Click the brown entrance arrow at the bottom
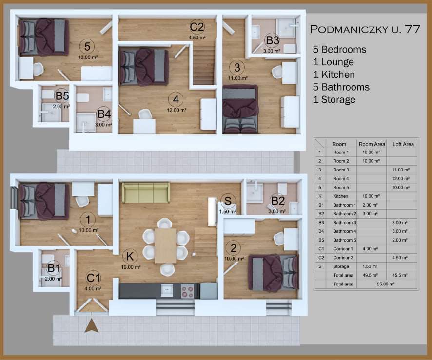coord(92,326)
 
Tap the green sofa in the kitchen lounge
coord(145,192)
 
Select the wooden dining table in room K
coord(165,246)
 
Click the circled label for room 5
coord(87,46)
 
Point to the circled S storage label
coord(228,201)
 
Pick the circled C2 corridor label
coord(197,27)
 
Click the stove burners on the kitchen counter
coord(187,291)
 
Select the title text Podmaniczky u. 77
coord(365,29)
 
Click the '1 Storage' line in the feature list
coord(334,100)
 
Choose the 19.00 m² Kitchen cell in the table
coord(372,196)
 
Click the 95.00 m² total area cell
coord(386,284)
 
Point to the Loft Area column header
coord(403,144)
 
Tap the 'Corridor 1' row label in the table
coord(343,249)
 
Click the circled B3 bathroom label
coord(273,40)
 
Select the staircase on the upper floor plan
coord(204,65)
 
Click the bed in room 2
coord(274,273)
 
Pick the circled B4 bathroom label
coord(104,114)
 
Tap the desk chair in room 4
coord(145,114)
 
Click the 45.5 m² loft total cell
coord(400,275)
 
